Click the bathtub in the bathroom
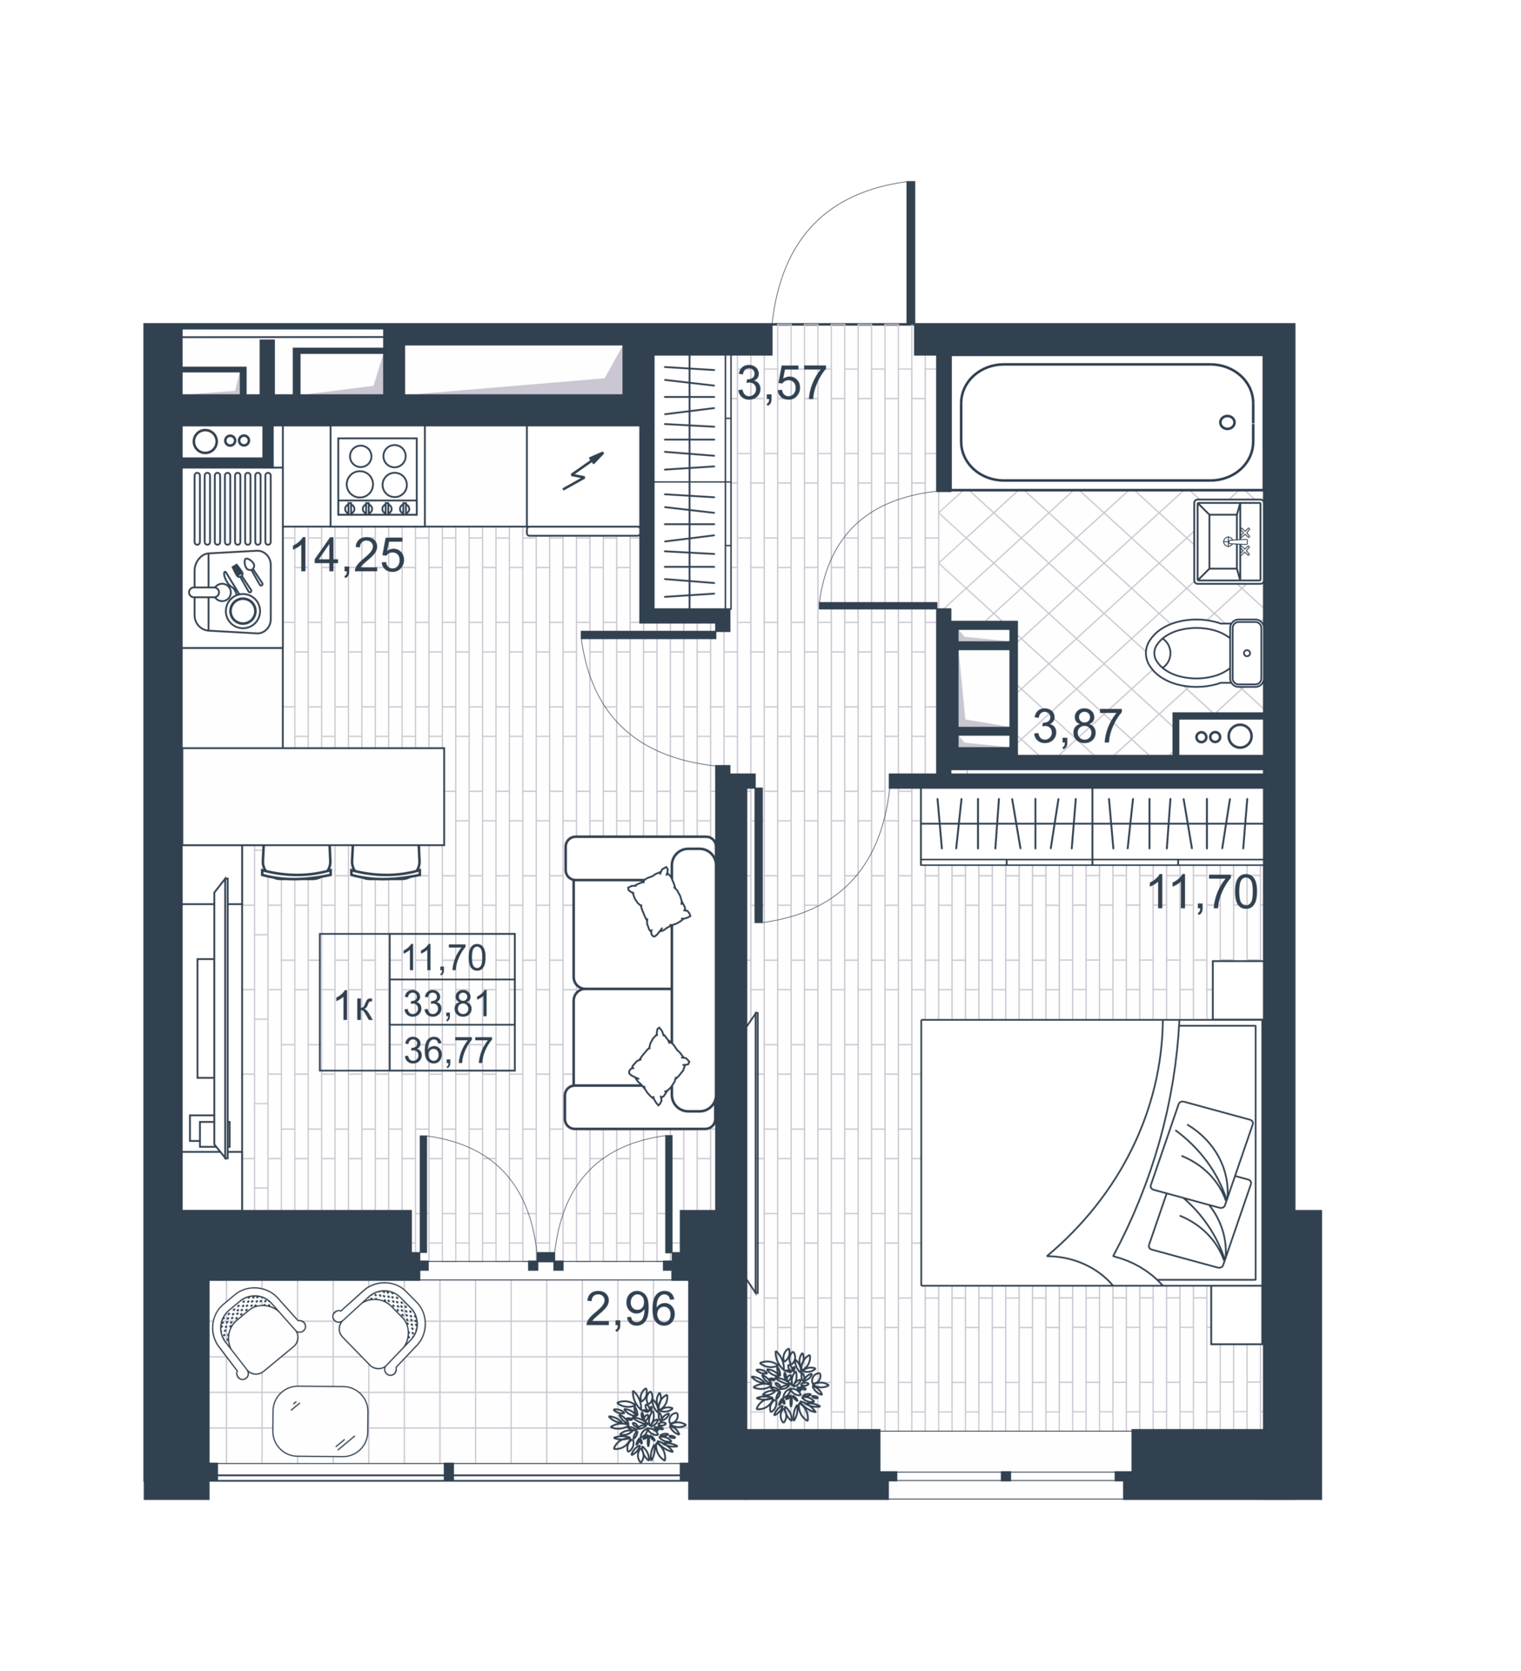(1107, 422)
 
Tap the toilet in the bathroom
(1203, 653)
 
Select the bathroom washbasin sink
(1228, 541)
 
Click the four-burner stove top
(378, 475)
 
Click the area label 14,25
(348, 555)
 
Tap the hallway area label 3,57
(781, 383)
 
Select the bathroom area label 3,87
(1076, 727)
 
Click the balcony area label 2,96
(630, 1309)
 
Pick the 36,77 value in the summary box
(448, 1051)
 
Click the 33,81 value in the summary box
(447, 1005)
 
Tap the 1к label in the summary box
(354, 1007)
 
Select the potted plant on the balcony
(647, 1425)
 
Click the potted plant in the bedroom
(789, 1385)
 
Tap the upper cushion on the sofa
(659, 901)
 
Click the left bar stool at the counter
(297, 861)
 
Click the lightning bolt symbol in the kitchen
(583, 471)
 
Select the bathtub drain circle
(1227, 423)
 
